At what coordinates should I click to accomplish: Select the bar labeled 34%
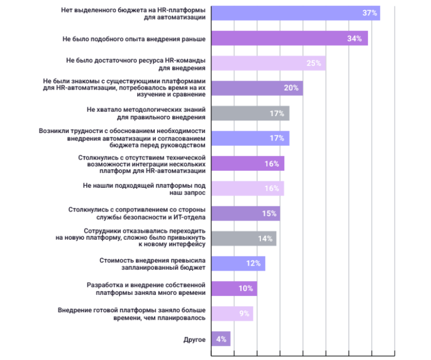[x=289, y=38]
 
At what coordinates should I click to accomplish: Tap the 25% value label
[x=313, y=63]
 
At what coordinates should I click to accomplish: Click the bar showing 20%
[x=257, y=88]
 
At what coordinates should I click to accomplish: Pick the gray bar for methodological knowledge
[x=250, y=113]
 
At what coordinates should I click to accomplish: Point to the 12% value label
[x=253, y=264]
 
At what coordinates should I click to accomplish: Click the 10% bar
[x=234, y=288]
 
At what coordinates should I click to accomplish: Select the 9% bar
[x=232, y=313]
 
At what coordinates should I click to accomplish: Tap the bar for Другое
[x=221, y=339]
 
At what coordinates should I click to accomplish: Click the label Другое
[x=194, y=339]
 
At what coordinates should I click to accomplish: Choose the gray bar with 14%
[x=243, y=239]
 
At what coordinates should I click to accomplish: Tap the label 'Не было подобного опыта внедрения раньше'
[x=134, y=38]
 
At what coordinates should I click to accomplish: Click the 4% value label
[x=221, y=339]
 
